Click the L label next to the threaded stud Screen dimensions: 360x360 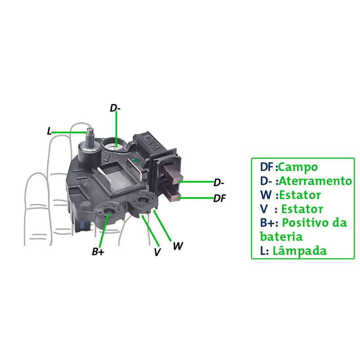click(x=49, y=131)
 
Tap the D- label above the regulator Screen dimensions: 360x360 click(x=115, y=108)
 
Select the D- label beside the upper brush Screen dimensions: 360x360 click(x=219, y=183)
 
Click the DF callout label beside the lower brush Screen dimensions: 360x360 click(x=220, y=198)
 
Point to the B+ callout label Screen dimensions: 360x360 click(x=98, y=252)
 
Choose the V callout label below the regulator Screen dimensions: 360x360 click(x=157, y=252)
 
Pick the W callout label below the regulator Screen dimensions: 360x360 click(x=178, y=246)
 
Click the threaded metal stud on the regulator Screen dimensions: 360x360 click(x=89, y=139)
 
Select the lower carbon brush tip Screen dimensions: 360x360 click(x=176, y=197)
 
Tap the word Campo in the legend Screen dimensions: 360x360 click(x=298, y=167)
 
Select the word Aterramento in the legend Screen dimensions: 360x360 click(x=315, y=181)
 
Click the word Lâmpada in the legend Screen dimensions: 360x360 click(x=300, y=250)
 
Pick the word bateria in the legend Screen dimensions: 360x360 click(x=281, y=237)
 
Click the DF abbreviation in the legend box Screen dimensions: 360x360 click(x=266, y=167)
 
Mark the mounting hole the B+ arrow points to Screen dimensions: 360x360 click(x=108, y=212)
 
